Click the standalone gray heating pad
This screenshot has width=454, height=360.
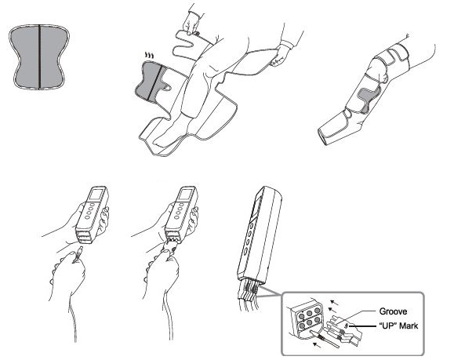[39, 57]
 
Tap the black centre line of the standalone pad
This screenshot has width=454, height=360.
[39, 57]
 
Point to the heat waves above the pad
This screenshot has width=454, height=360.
[149, 55]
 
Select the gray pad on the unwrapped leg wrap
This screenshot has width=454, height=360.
[154, 81]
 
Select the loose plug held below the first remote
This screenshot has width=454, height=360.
[78, 253]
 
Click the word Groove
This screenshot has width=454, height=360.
[393, 311]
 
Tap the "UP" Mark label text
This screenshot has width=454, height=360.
[398, 326]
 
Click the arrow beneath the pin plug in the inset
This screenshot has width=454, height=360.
[318, 344]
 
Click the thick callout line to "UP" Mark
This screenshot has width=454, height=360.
[363, 326]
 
